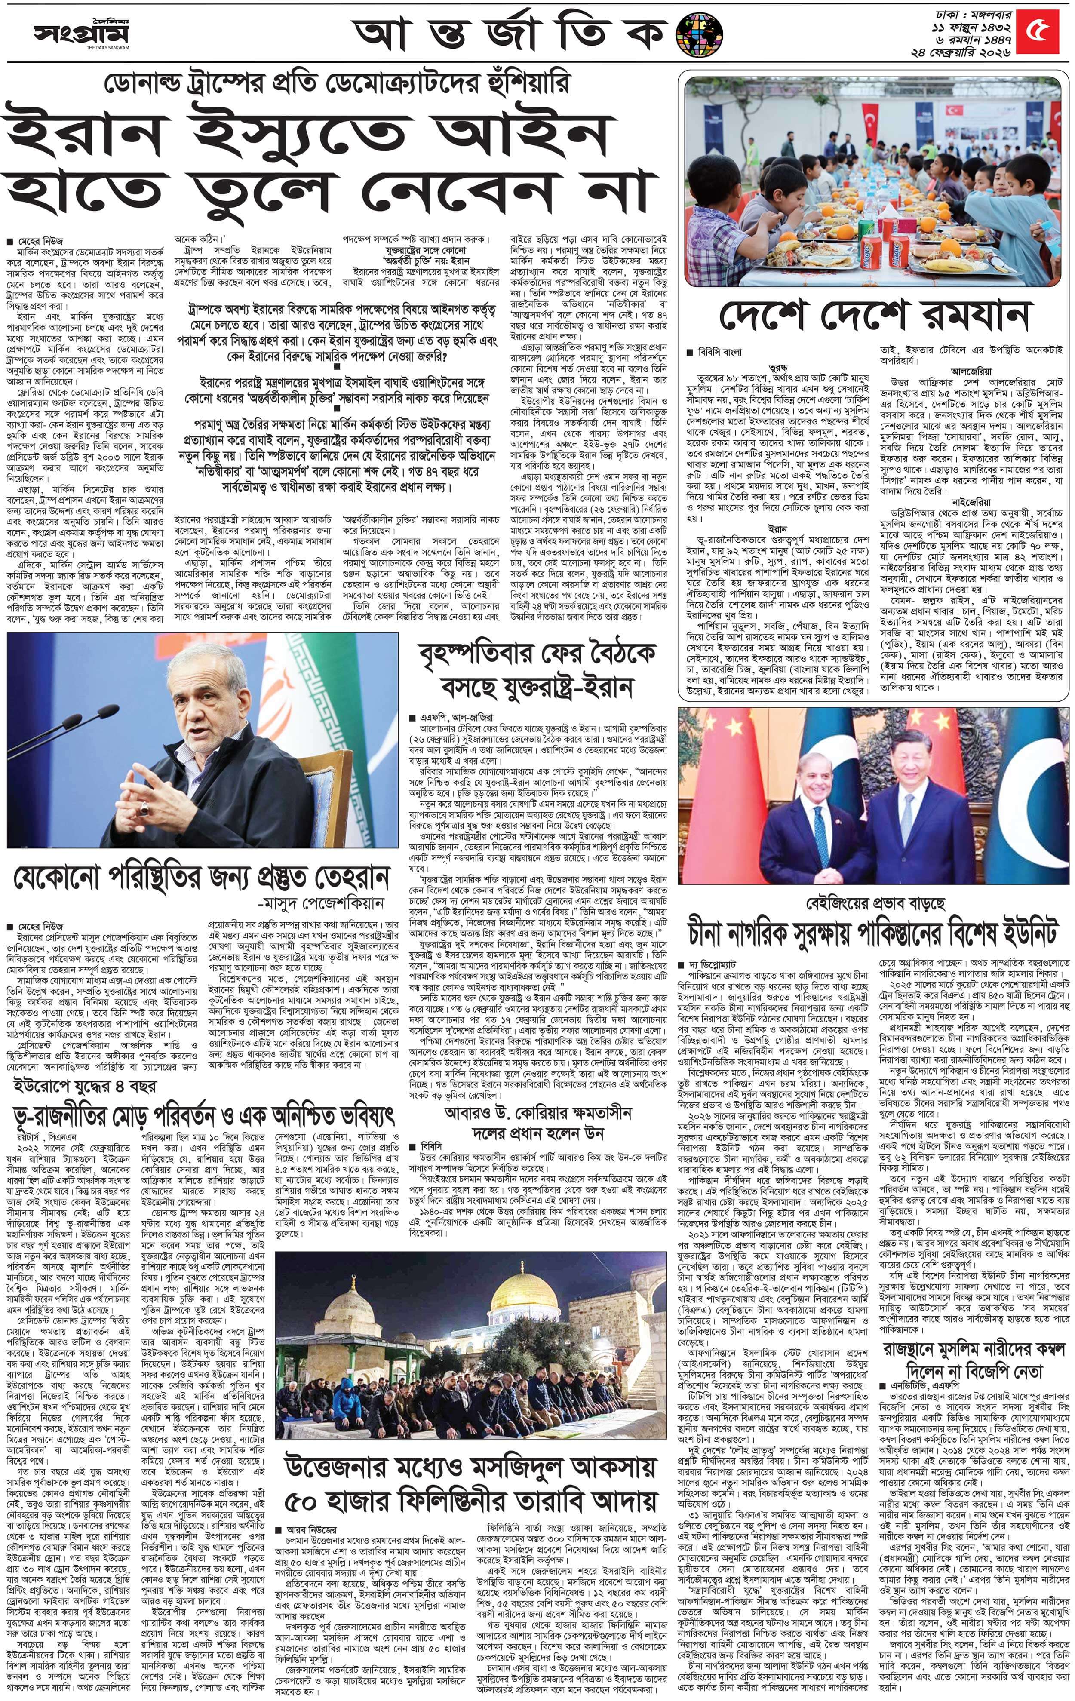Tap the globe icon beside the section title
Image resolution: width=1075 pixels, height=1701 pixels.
pyautogui.click(x=699, y=34)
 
